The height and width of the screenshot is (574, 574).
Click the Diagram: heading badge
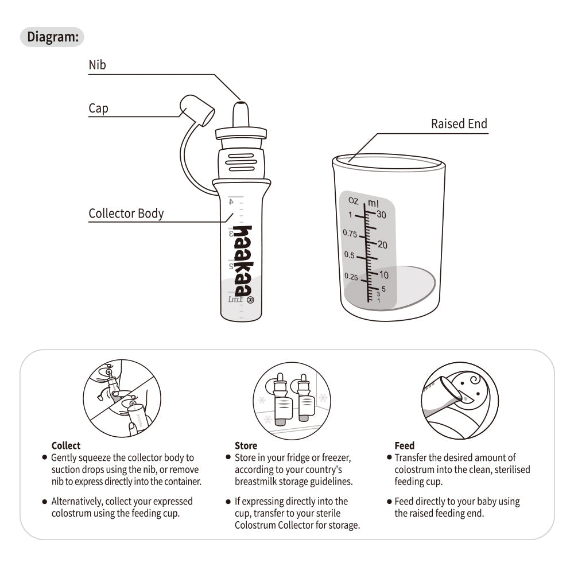pyautogui.click(x=52, y=37)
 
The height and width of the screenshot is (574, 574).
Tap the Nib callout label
pyautogui.click(x=98, y=65)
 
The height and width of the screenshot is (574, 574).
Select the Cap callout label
pyautogui.click(x=99, y=108)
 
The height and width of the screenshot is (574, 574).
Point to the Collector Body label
pyautogui.click(x=126, y=214)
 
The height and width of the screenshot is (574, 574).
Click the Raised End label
pyautogui.click(x=459, y=124)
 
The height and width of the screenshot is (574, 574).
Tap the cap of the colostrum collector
pyautogui.click(x=197, y=110)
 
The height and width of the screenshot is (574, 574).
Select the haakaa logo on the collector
pyautogui.click(x=243, y=261)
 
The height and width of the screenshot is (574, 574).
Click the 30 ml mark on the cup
pyautogui.click(x=382, y=215)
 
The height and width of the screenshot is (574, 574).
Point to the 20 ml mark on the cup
pyautogui.click(x=382, y=245)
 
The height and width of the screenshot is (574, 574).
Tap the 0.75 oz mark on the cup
pyautogui.click(x=350, y=233)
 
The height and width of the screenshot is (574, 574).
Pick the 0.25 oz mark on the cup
pyautogui.click(x=351, y=277)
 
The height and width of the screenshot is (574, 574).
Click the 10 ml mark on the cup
pyautogui.click(x=383, y=274)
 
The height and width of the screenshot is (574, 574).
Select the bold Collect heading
pyautogui.click(x=66, y=445)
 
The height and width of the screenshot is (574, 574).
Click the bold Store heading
pyautogui.click(x=246, y=445)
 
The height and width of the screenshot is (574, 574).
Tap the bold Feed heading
pyautogui.click(x=405, y=445)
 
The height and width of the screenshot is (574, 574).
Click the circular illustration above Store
pyautogui.click(x=292, y=401)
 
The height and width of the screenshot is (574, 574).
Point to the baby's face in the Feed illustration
pyautogui.click(x=470, y=389)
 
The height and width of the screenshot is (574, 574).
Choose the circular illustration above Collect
pyautogui.click(x=122, y=398)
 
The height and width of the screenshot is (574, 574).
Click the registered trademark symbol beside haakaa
pyautogui.click(x=250, y=300)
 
